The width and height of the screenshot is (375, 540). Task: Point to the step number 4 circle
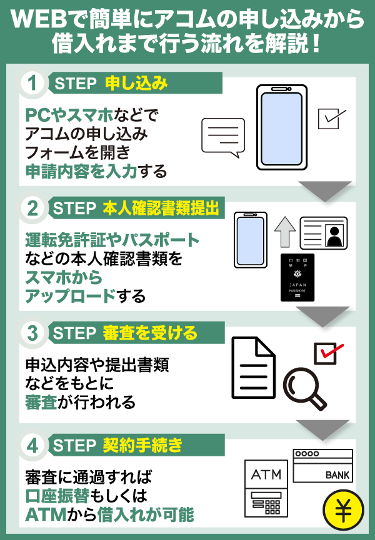(x=32, y=446)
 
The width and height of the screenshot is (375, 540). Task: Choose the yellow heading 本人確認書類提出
(x=161, y=209)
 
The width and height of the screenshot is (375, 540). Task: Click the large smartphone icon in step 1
(x=282, y=127)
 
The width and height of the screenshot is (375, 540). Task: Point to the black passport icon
(x=297, y=277)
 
